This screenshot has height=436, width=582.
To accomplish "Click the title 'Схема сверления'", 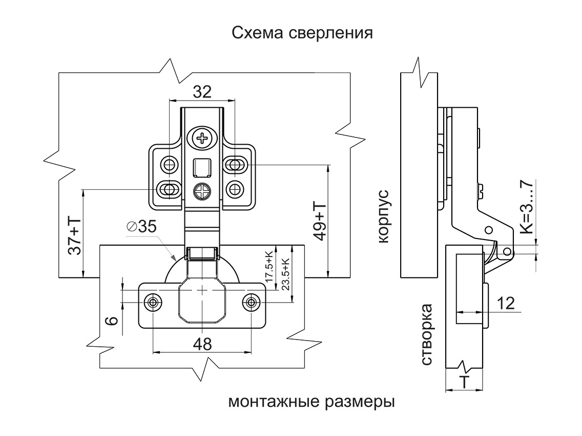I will click(x=302, y=33).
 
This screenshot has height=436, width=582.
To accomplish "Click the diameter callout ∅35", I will click(x=141, y=227).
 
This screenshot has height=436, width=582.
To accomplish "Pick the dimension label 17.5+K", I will click(x=268, y=266).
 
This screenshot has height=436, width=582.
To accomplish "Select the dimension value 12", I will click(x=506, y=303).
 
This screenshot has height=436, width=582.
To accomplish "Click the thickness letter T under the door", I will click(x=464, y=382).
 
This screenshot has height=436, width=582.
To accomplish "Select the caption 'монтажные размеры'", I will click(x=311, y=401).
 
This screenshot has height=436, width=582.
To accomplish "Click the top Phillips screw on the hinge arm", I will click(x=203, y=137).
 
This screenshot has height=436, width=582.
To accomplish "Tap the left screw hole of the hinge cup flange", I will click(x=153, y=302).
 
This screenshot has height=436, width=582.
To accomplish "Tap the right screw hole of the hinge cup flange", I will click(x=251, y=302).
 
